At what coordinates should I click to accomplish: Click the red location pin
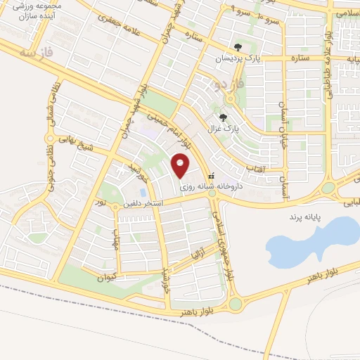click(181, 166)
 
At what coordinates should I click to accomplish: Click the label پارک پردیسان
click(238, 59)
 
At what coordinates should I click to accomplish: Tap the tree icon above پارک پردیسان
click(238, 48)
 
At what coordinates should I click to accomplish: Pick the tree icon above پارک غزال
click(224, 117)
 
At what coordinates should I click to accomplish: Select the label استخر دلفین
click(143, 204)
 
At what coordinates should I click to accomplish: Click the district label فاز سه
click(37, 53)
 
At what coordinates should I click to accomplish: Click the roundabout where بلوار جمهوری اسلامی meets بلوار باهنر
click(234, 304)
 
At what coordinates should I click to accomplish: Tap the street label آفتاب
click(255, 169)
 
